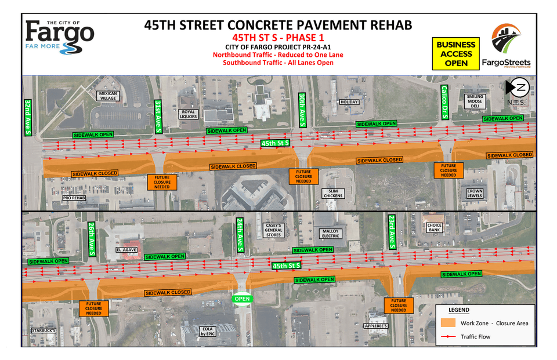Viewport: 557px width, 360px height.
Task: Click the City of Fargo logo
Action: click(60, 36)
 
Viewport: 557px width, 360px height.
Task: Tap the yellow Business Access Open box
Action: click(455, 53)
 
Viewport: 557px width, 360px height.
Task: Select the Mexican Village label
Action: click(108, 96)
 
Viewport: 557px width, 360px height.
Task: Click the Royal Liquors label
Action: click(189, 114)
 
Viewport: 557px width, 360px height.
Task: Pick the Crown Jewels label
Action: click(475, 193)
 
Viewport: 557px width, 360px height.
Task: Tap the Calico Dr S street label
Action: click(444, 103)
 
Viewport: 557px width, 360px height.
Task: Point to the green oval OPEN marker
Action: click(242, 299)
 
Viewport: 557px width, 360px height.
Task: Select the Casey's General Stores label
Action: click(273, 230)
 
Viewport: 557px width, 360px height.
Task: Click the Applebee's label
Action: click(376, 326)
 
